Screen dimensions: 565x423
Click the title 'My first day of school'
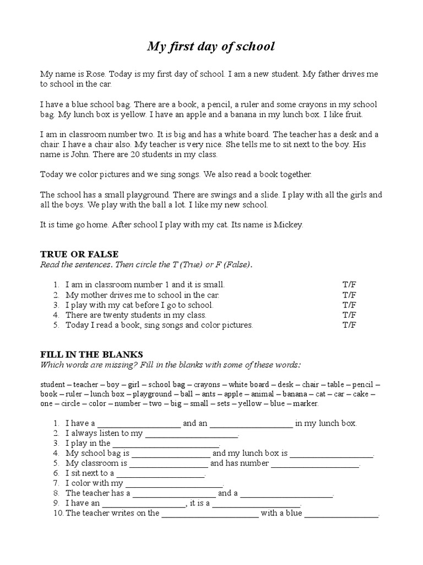click(210, 47)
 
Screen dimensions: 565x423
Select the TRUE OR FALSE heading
click(79, 254)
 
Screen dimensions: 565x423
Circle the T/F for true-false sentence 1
click(349, 285)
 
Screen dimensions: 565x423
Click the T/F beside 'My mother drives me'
click(349, 295)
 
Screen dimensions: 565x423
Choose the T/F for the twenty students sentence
click(349, 315)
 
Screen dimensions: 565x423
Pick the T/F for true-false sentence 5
click(349, 325)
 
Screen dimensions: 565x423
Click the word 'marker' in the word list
click(306, 403)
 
